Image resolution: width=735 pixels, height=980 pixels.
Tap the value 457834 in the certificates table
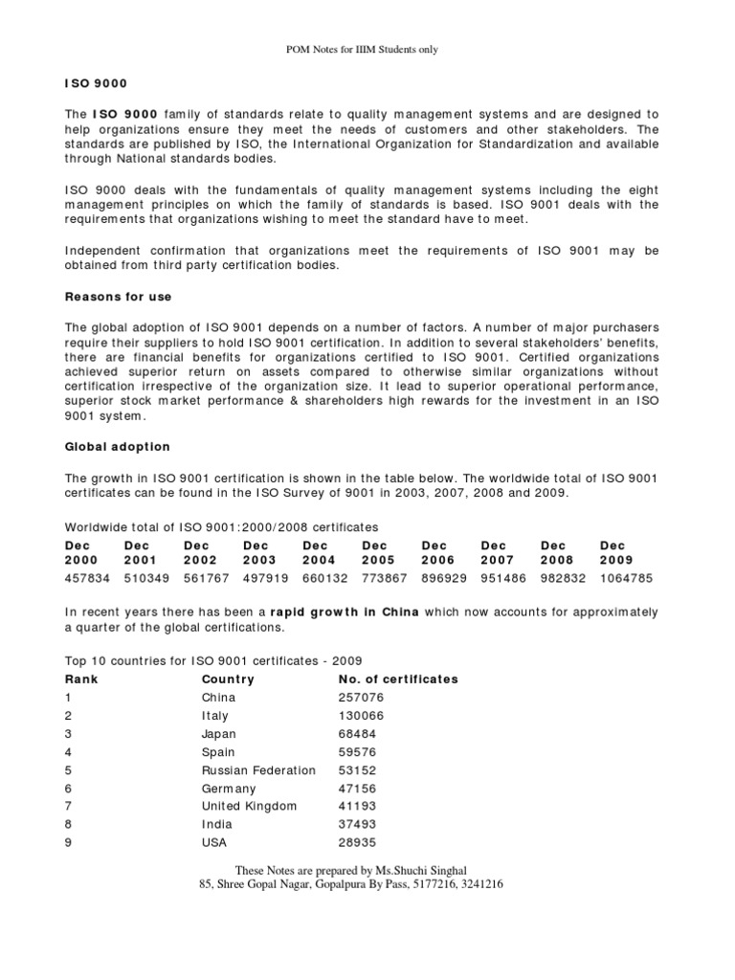(87, 578)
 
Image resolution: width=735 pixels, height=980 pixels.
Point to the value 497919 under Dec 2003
(266, 578)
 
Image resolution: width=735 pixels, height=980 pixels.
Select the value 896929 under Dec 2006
(445, 578)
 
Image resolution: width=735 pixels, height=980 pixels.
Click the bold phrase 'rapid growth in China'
(345, 612)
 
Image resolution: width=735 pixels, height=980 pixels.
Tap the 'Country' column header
(227, 679)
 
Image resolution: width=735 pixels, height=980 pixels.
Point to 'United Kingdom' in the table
(249, 807)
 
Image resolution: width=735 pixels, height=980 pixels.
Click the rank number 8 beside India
(68, 825)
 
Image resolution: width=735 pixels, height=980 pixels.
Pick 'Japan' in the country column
(219, 734)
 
